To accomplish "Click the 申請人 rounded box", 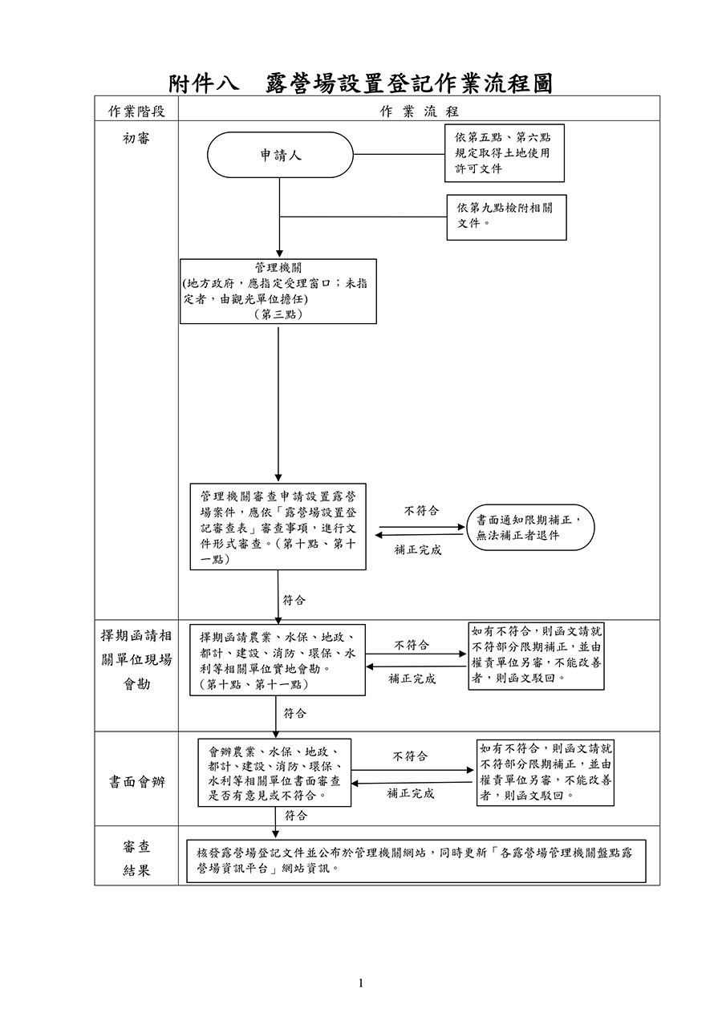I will tap(280, 155).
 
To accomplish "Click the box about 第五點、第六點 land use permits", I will tap(504, 152).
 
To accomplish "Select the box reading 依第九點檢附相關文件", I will tap(505, 217).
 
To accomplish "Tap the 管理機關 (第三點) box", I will tap(278, 291).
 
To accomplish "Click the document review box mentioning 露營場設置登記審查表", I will tap(278, 527).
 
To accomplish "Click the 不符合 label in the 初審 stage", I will tap(420, 511).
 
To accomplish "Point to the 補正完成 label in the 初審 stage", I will tap(417, 550).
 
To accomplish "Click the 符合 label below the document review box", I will tap(294, 600).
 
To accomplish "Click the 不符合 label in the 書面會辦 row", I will tap(410, 756).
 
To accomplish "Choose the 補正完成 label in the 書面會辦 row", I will tap(411, 793).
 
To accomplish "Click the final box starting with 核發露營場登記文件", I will tap(416, 861).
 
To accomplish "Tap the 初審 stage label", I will tap(136, 139).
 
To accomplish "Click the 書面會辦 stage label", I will tap(136, 783).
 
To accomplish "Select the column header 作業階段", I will tap(136, 110).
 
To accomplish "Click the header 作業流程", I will tap(419, 110).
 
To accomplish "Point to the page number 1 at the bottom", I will tap(361, 983).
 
